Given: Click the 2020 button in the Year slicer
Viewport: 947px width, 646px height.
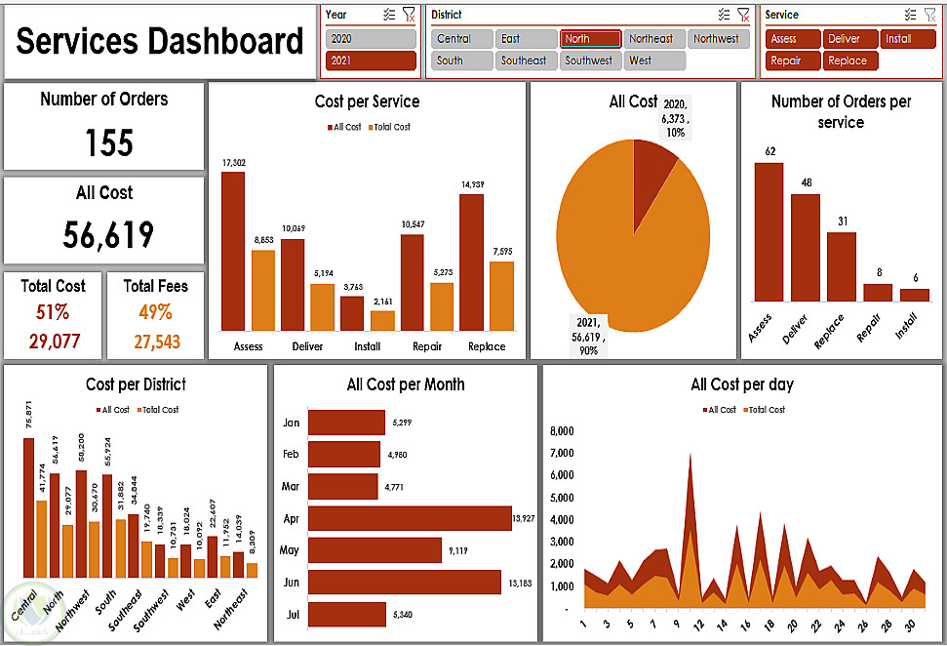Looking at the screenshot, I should (x=371, y=39).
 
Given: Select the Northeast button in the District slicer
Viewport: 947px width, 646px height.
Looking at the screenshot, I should (x=651, y=39).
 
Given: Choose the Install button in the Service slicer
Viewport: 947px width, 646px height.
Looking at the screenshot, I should (x=908, y=39).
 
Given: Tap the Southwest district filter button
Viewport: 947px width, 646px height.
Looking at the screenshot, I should (x=589, y=61).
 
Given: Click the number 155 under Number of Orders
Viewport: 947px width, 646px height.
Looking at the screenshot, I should (x=108, y=143).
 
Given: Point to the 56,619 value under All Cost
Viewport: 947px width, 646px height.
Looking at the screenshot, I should (x=108, y=235).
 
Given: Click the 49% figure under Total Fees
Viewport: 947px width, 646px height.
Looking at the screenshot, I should (x=155, y=312).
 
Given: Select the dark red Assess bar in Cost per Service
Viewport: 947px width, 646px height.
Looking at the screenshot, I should (x=233, y=251).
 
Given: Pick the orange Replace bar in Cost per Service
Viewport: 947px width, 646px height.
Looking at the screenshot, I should (x=501, y=296).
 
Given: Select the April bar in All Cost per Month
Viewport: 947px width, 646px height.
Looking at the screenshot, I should (x=410, y=519).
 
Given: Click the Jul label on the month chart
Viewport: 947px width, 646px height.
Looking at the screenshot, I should (x=291, y=615).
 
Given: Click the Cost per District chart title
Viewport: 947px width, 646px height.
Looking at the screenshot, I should (x=136, y=384).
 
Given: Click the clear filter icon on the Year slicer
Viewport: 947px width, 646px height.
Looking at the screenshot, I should (x=409, y=15).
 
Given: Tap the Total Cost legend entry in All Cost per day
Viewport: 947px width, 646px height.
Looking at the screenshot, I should (x=765, y=410).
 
